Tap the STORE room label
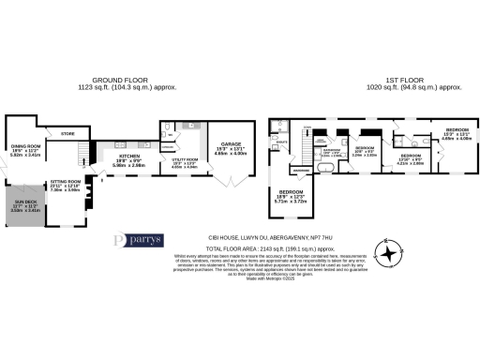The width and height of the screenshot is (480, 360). coord(67,134)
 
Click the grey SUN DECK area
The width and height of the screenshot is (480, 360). coord(31,207)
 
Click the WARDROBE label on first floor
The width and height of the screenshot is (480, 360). coord(302,170)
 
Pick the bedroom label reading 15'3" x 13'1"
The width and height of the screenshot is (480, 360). coord(457,132)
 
